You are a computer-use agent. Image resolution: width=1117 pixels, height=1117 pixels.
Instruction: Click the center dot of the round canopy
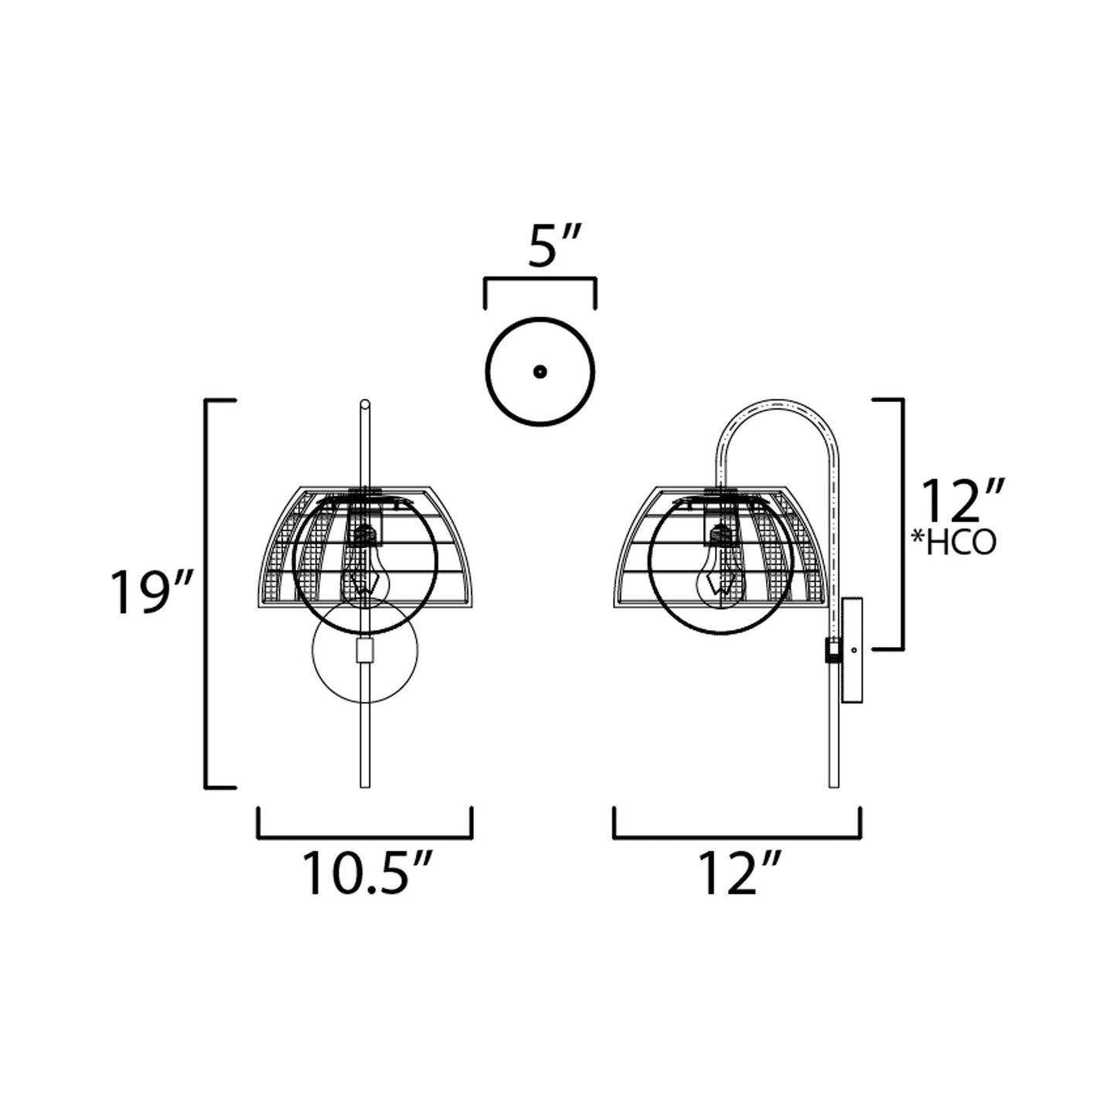coord(540,372)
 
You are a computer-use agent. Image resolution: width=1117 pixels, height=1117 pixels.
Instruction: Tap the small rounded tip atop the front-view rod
coord(365,404)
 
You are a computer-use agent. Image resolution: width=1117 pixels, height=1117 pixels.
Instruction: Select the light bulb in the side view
coord(721,568)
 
